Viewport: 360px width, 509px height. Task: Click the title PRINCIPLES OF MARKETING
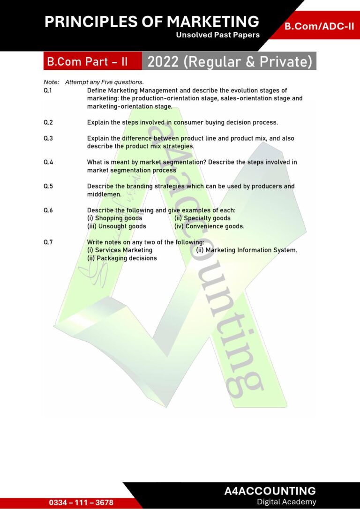151,22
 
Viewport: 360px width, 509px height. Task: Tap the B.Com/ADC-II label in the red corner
319,26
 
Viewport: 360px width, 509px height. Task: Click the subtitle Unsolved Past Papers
217,35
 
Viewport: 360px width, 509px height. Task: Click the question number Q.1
48,90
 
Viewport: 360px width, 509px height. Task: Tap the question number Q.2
48,122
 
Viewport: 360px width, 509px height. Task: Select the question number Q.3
48,138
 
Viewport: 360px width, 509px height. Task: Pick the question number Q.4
48,162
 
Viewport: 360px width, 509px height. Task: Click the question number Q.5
48,186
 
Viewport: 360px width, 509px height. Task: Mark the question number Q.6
48,210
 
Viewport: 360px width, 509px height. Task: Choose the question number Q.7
48,242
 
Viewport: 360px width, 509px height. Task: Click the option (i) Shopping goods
115,218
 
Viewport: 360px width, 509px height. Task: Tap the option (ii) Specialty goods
202,218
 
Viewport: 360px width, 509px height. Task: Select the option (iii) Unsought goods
117,226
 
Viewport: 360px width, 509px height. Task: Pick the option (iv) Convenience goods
209,226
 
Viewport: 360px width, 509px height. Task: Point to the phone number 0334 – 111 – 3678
81,502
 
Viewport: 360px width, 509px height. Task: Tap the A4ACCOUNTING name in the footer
270,491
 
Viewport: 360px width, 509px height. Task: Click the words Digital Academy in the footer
286,502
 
